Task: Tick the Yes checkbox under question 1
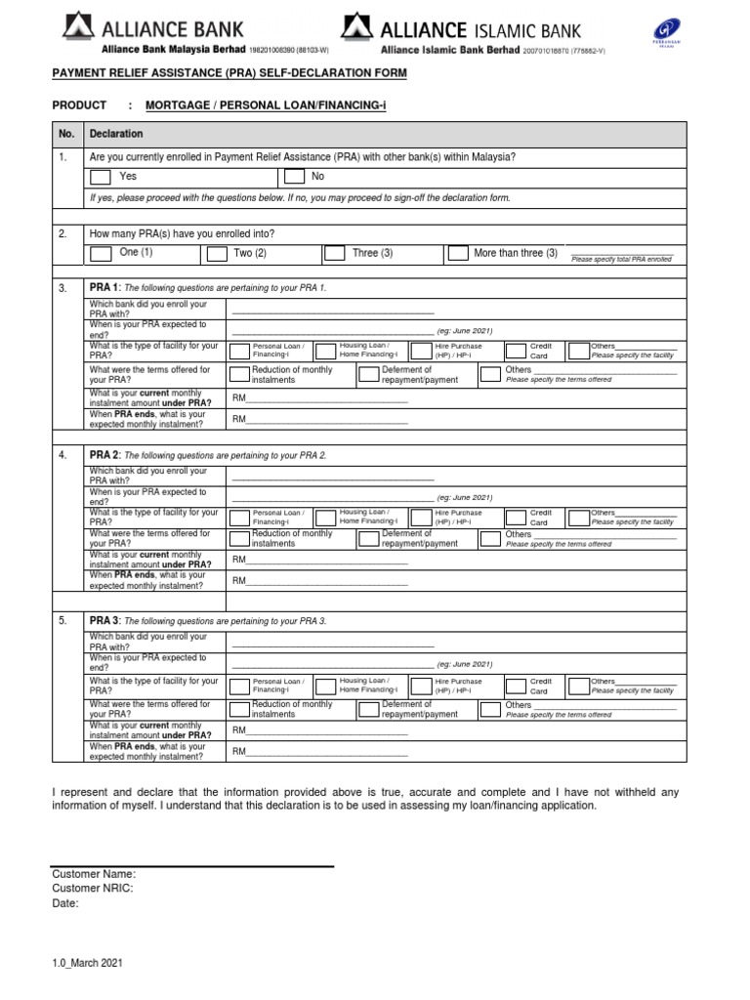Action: pos(100,177)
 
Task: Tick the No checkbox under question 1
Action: pos(293,177)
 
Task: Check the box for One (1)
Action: pos(100,254)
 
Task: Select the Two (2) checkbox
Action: pos(216,254)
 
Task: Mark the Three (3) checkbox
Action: pos(334,253)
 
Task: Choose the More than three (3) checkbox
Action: pos(457,253)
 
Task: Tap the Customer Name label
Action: pos(94,874)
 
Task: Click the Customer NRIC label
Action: pos(93,889)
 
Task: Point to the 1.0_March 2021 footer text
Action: pos(87,962)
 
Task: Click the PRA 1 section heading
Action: pos(104,288)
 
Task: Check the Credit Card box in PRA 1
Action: pos(516,352)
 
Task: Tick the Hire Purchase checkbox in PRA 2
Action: pos(421,517)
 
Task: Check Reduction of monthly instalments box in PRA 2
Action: pos(238,539)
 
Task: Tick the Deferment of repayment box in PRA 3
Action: pos(368,709)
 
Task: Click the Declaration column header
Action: pos(116,134)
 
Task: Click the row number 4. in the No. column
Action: pos(62,455)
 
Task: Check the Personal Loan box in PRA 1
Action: pos(238,352)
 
